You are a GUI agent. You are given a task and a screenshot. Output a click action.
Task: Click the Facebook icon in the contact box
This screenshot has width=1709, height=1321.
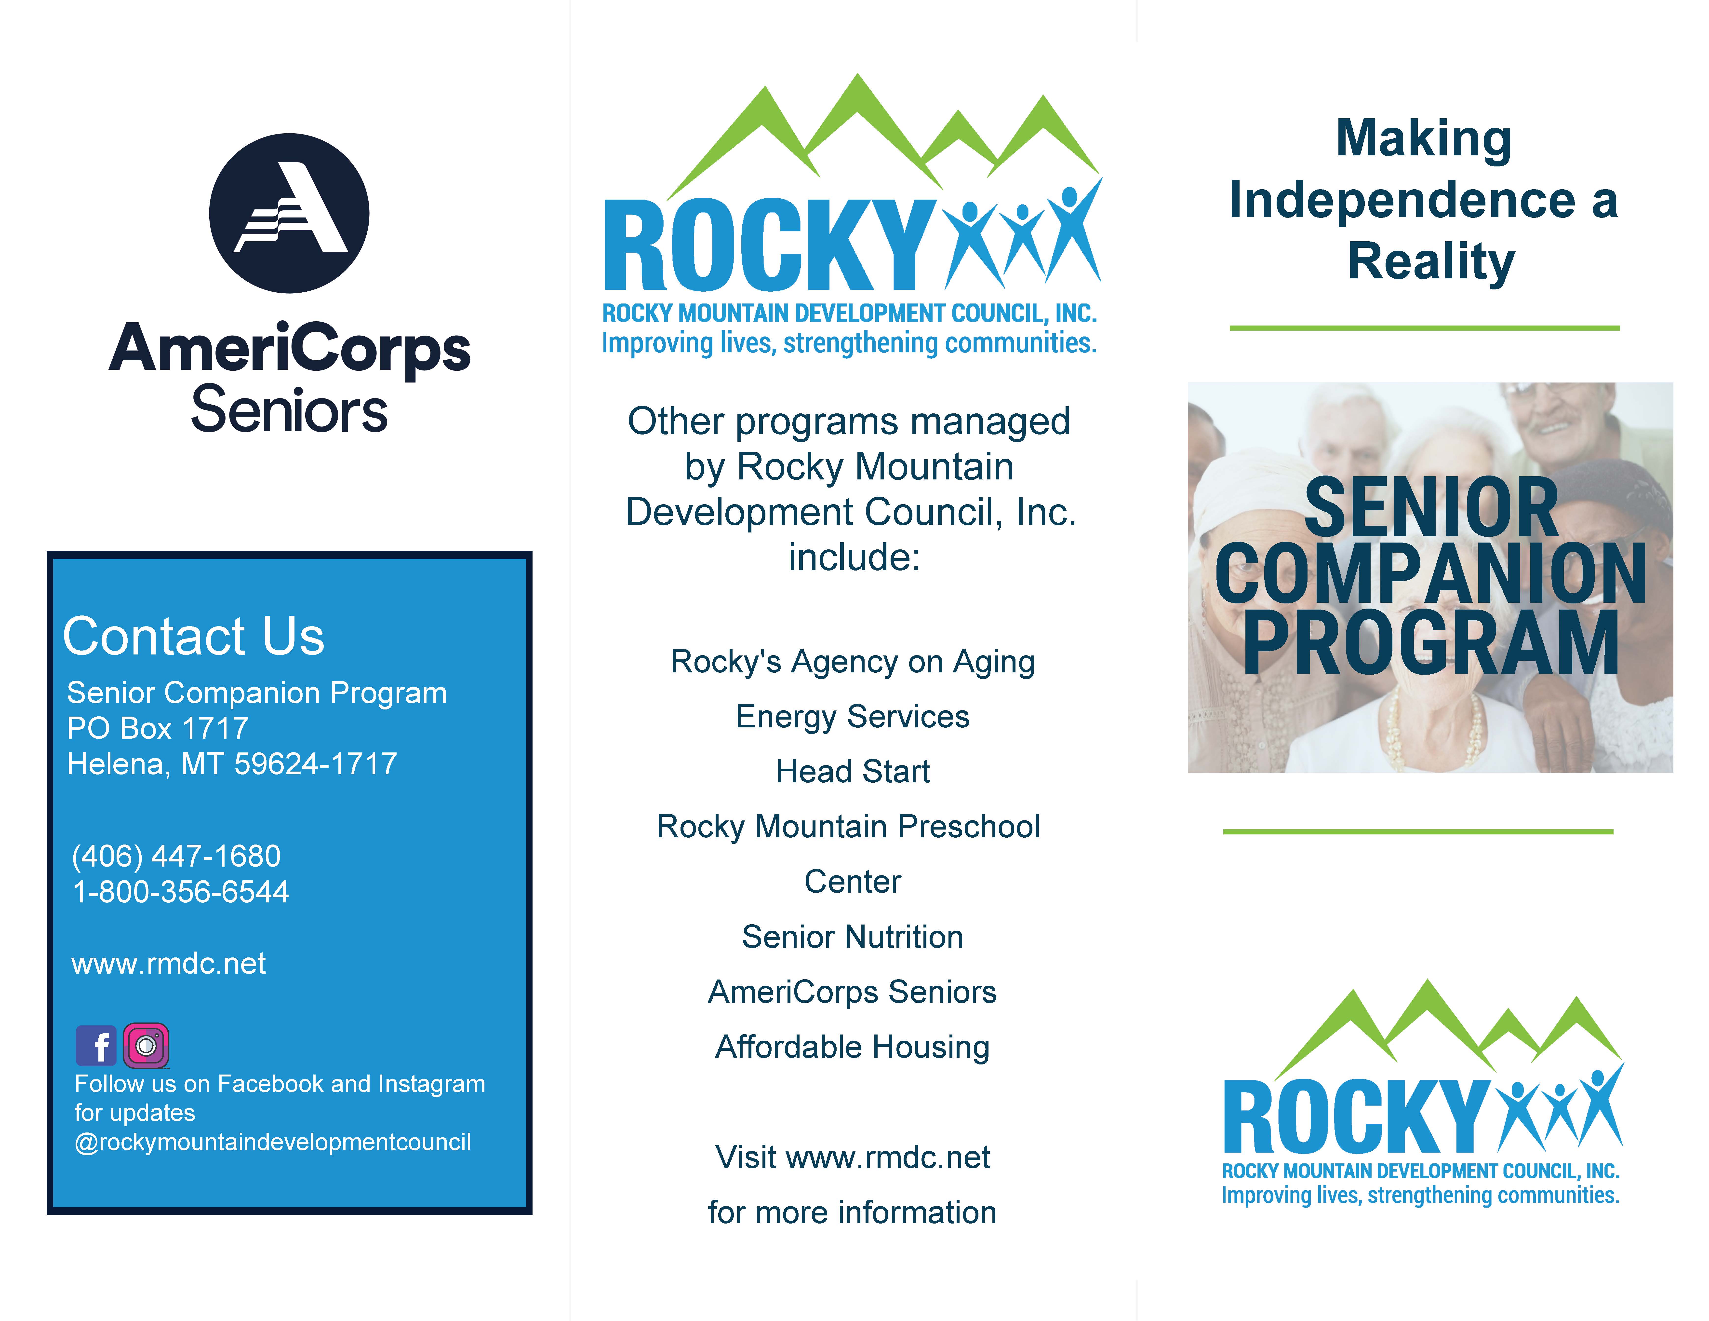tap(96, 1046)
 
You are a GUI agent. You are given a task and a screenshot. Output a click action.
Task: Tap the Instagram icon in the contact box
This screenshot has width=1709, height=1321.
tap(146, 1046)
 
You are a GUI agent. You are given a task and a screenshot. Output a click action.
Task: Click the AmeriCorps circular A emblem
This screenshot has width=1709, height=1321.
tap(290, 213)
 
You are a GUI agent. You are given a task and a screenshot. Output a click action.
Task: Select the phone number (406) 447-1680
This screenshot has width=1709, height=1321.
tap(176, 856)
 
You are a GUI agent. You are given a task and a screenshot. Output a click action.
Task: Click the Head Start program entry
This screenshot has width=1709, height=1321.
tap(853, 772)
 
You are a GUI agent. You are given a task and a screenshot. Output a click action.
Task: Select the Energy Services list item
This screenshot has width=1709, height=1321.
tap(853, 717)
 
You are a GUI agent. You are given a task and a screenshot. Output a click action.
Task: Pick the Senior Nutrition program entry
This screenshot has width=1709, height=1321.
tap(853, 937)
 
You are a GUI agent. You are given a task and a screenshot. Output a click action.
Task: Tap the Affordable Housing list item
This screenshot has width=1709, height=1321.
tap(853, 1047)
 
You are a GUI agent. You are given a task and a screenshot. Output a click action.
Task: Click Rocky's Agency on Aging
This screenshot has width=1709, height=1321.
tap(853, 662)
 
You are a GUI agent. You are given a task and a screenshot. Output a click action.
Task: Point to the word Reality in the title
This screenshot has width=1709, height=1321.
tap(1431, 261)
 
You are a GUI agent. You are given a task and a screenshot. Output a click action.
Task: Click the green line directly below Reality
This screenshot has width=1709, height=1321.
tap(1424, 328)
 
